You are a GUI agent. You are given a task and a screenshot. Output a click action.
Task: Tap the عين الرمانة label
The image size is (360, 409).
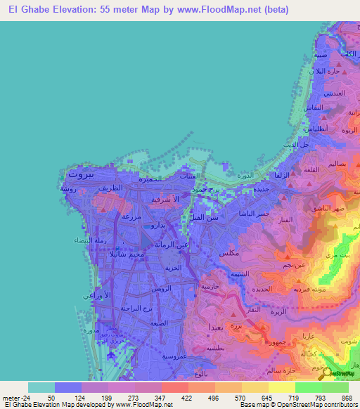[171, 243]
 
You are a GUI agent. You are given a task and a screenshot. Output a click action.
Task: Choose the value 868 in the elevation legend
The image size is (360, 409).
[347, 398]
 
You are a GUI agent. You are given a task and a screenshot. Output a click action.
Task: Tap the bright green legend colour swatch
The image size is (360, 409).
[308, 387]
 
